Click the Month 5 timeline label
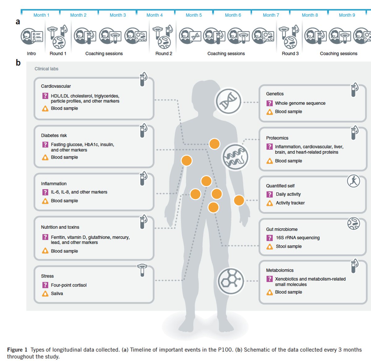194,15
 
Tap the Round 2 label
164,53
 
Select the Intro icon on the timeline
32,36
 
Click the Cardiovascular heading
56,86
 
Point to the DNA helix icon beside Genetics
228,101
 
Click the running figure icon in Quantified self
353,181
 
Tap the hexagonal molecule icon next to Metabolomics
231,281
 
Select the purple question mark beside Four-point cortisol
45,285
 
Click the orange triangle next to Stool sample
270,246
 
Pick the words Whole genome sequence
300,103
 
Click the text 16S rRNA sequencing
298,238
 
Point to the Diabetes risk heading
54,135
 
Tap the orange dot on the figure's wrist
239,200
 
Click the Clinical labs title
46,69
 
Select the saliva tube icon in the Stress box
142,270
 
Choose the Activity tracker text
290,203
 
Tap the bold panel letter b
18,63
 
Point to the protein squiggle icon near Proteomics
235,157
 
